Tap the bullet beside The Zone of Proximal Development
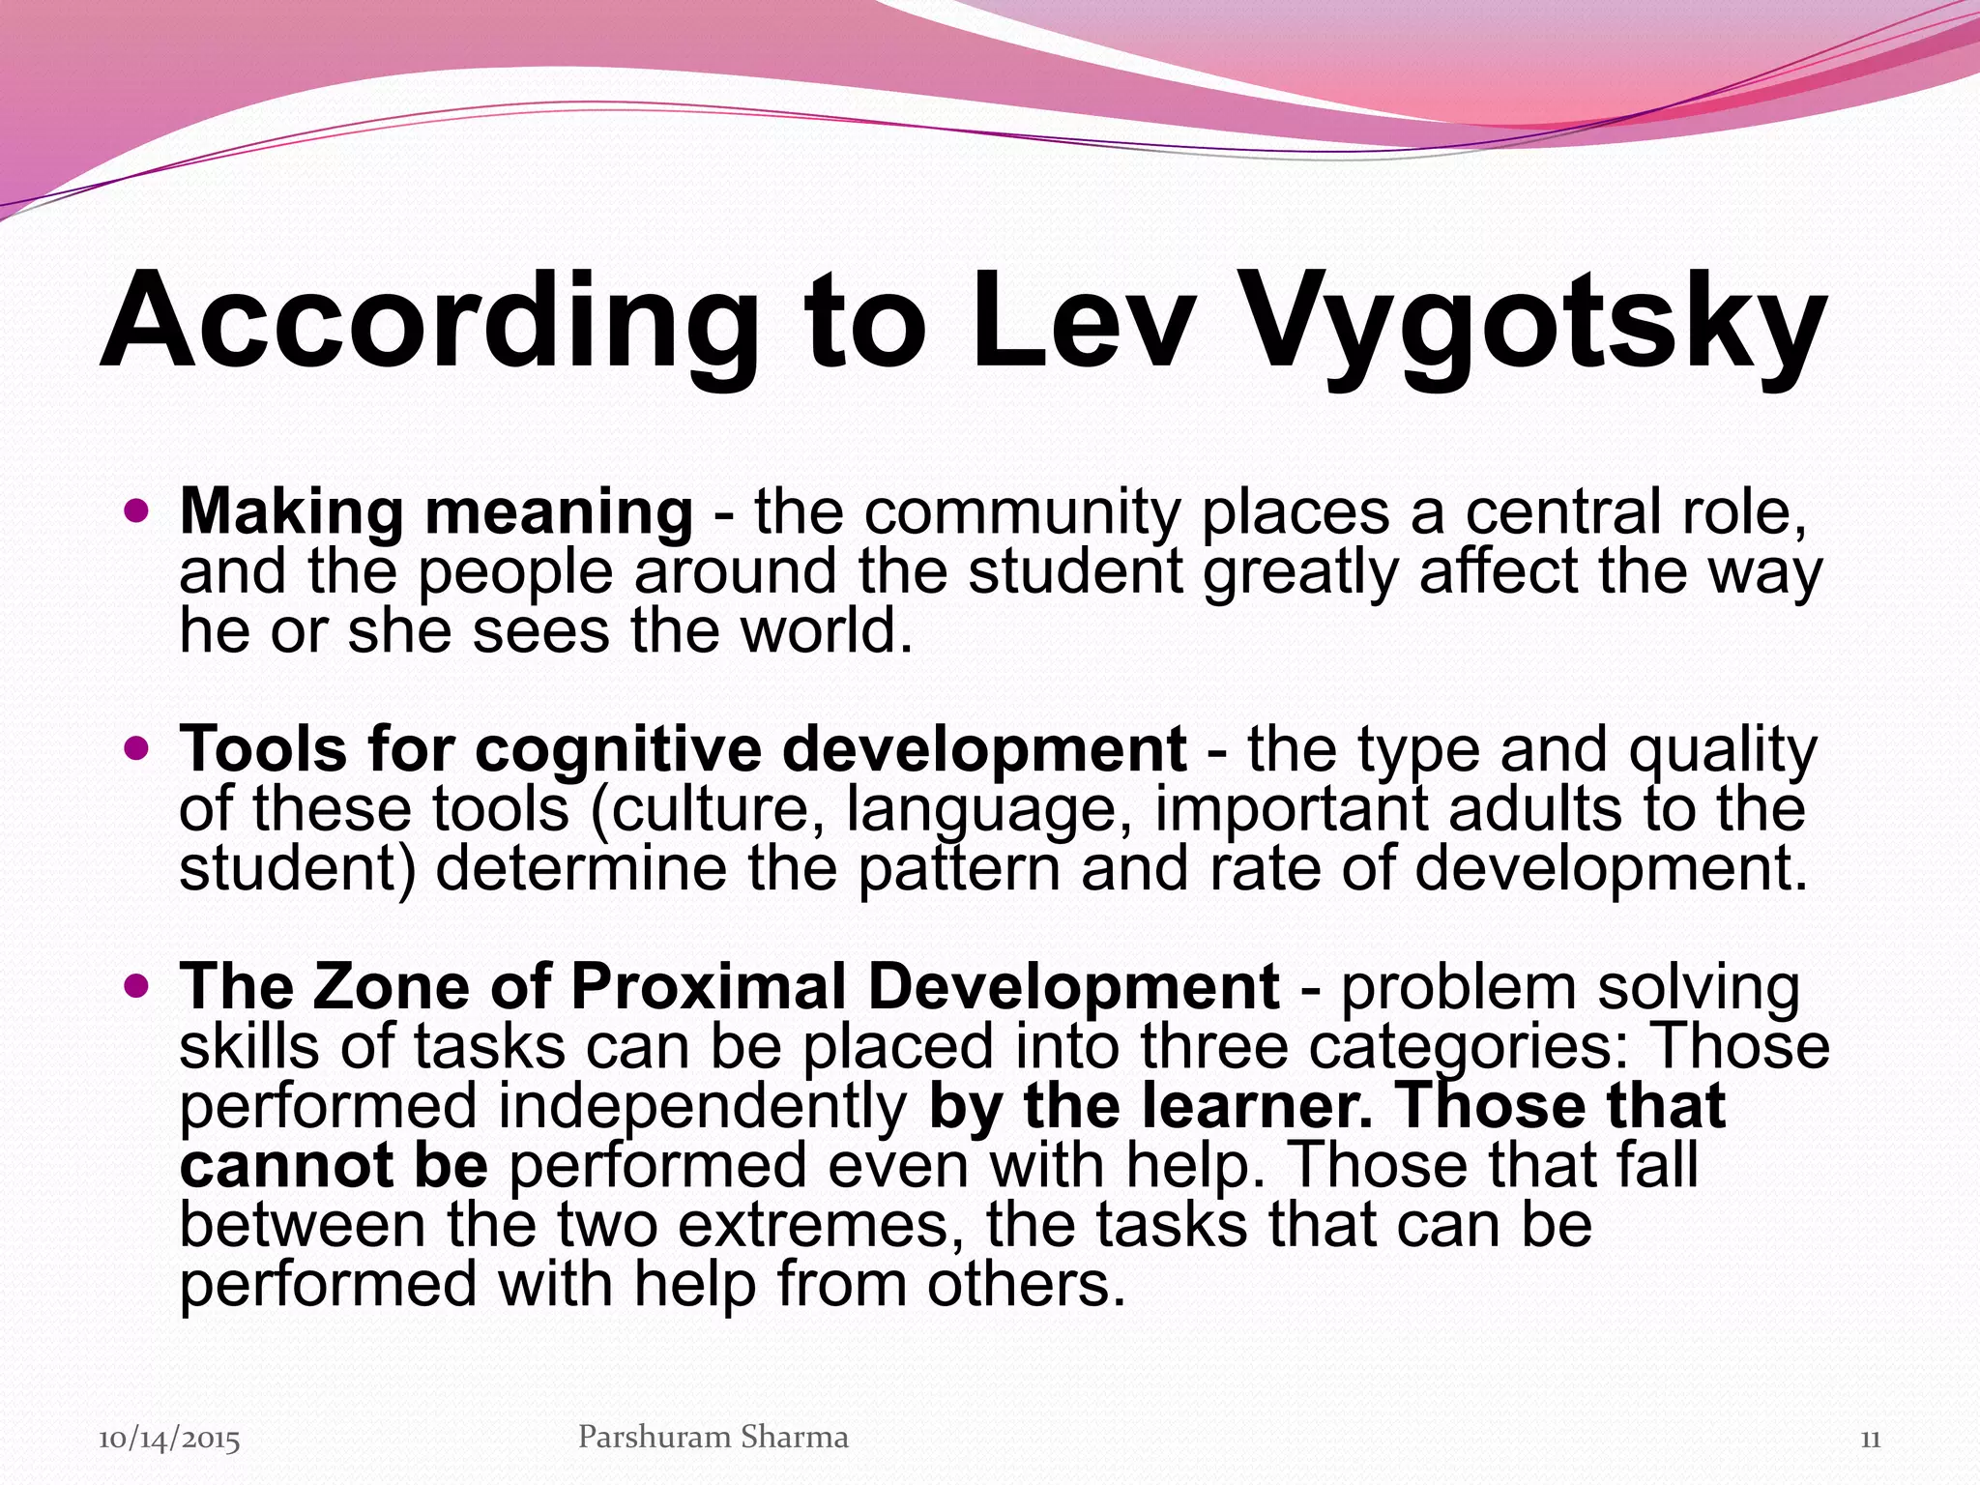[138, 985]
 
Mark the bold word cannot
[285, 1166]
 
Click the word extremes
[813, 1225]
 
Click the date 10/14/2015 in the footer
[169, 1440]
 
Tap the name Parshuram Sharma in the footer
[713, 1437]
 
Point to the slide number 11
[1870, 1440]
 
